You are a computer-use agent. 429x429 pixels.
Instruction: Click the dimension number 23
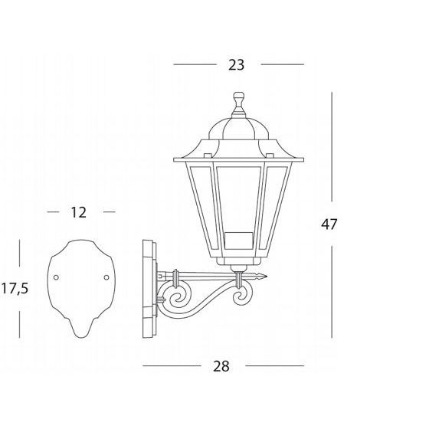[236, 65]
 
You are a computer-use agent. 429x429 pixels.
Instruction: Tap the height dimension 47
[329, 224]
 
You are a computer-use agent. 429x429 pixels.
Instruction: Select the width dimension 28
[221, 366]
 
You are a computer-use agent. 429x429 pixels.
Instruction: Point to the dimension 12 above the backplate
[78, 212]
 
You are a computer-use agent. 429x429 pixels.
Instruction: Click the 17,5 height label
[15, 288]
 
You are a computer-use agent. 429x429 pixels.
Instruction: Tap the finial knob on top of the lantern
[238, 99]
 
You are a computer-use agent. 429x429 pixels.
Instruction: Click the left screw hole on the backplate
[56, 277]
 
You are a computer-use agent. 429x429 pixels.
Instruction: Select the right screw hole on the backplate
[106, 277]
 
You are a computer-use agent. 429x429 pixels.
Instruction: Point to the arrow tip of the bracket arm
[267, 277]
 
